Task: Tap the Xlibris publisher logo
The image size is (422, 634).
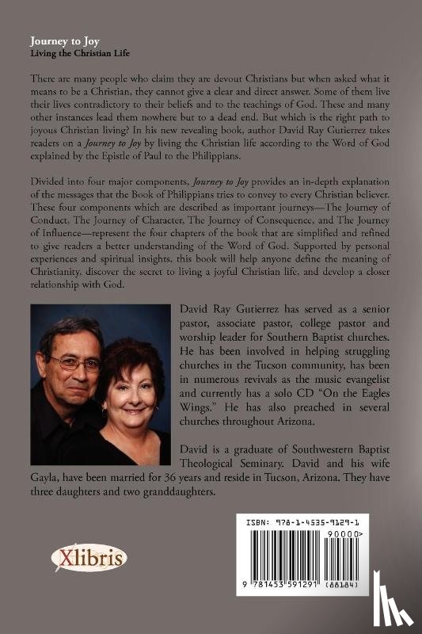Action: [89, 560]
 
